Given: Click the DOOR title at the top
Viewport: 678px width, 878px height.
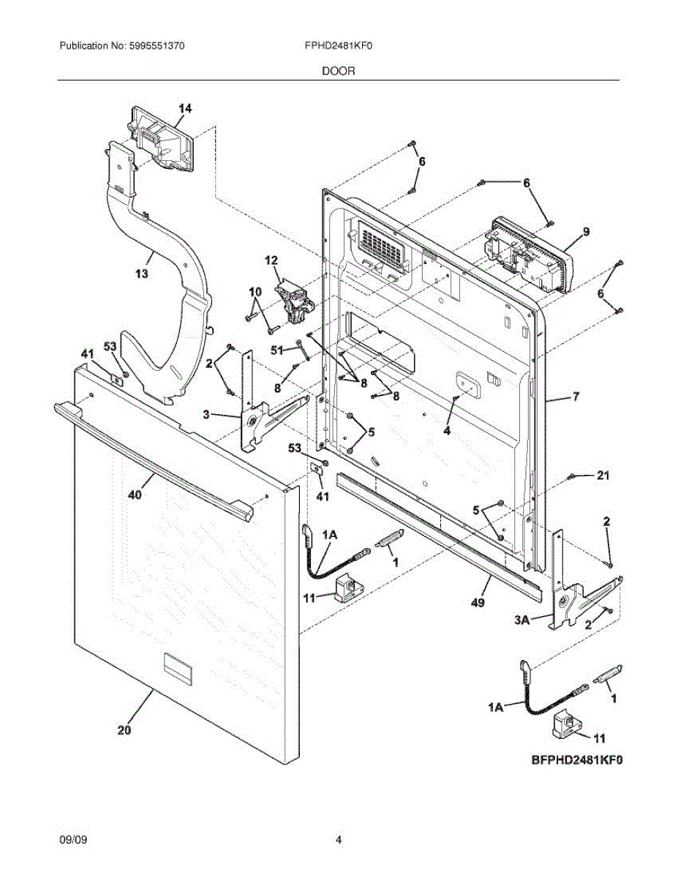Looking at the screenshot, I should tap(338, 71).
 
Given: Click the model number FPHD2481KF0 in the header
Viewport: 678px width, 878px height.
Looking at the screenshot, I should tap(339, 45).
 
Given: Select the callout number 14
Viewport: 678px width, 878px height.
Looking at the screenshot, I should tap(185, 108).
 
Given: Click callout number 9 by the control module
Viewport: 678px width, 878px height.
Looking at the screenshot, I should tap(586, 232).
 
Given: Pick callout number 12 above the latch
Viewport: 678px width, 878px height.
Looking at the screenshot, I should tap(271, 260).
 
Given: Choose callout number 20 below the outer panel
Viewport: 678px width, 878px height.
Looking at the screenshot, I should tap(124, 729).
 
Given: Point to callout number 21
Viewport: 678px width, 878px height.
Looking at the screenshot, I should tap(602, 476).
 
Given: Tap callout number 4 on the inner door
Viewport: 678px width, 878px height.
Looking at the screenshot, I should tap(446, 430).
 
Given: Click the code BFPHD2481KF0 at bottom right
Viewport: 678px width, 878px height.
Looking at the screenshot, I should tap(576, 760).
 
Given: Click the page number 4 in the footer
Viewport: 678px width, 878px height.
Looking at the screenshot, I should tap(339, 840).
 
